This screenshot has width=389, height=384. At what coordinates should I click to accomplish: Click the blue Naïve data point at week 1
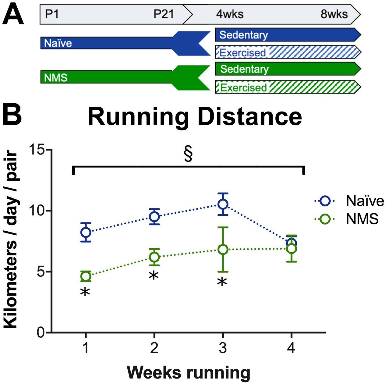pyautogui.click(x=86, y=232)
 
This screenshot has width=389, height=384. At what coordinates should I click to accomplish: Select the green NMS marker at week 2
pyautogui.click(x=154, y=257)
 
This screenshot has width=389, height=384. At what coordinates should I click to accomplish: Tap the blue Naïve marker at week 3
pyautogui.click(x=223, y=204)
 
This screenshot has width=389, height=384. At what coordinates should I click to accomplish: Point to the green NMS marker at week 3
pyautogui.click(x=223, y=249)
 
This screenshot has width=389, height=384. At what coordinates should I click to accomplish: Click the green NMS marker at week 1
pyautogui.click(x=86, y=276)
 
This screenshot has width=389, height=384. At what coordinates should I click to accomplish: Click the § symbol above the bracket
pyautogui.click(x=188, y=154)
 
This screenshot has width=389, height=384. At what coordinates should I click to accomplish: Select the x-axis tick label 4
pyautogui.click(x=291, y=348)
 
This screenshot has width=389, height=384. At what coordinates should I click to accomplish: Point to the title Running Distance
pyautogui.click(x=195, y=117)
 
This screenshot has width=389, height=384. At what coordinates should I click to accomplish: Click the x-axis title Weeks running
pyautogui.click(x=188, y=372)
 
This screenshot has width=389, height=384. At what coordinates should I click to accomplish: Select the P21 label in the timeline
pyautogui.click(x=164, y=14)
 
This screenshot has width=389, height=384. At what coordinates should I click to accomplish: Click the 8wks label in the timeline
pyautogui.click(x=334, y=14)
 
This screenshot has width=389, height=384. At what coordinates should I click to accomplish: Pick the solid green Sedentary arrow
pyautogui.click(x=286, y=69)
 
